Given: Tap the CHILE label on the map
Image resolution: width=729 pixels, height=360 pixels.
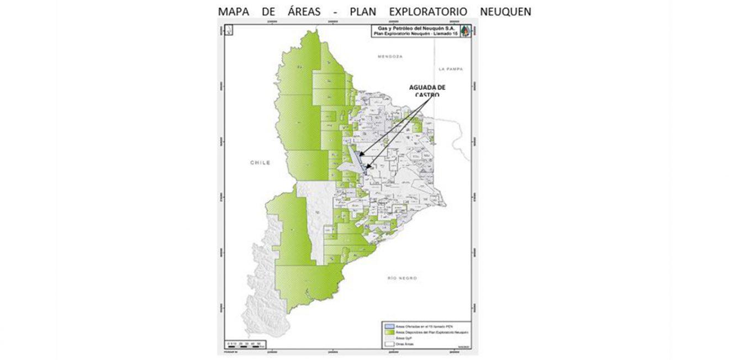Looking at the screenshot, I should click(260, 163).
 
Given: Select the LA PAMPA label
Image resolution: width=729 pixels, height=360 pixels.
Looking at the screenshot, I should click(450, 69).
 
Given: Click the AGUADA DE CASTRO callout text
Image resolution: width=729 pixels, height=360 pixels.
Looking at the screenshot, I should click(427, 91).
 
